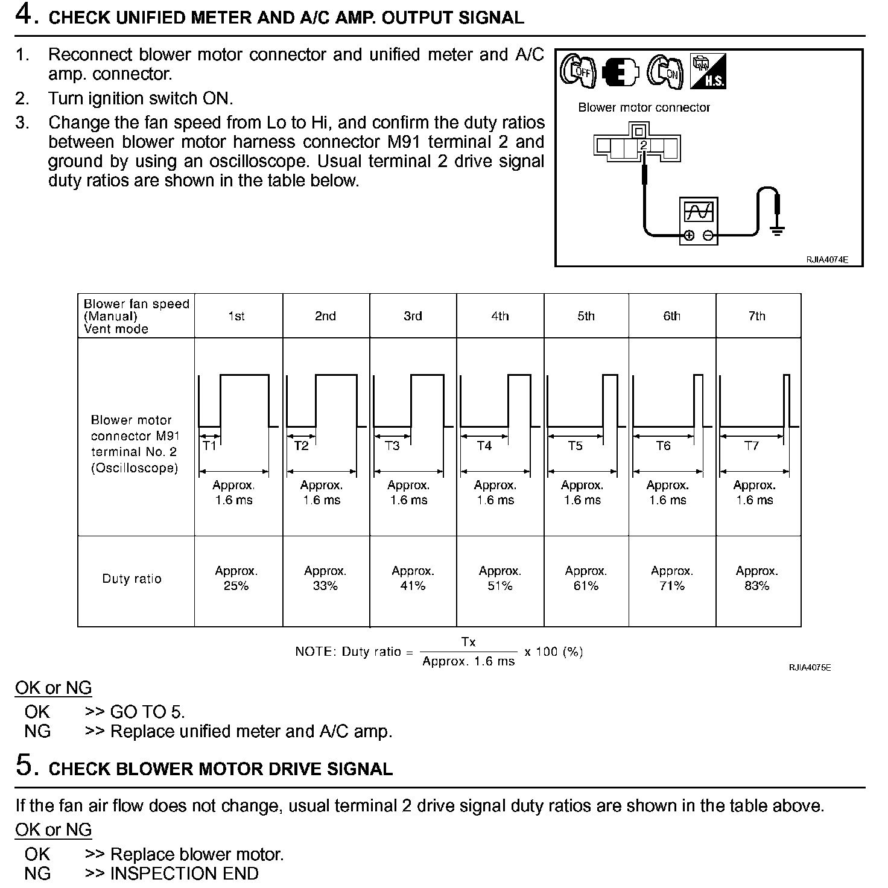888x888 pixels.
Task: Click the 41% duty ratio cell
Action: coord(413,579)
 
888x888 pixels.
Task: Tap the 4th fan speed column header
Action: coord(499,316)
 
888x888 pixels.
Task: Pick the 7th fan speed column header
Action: coord(756,316)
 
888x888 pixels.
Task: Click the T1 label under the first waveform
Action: coord(209,446)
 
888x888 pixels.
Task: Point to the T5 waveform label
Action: coord(575,446)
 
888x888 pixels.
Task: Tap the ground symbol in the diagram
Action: coord(777,229)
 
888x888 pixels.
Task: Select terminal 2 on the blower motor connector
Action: coord(644,145)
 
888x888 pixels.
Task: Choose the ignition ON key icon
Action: coord(665,72)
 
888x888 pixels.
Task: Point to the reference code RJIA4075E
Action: coord(810,667)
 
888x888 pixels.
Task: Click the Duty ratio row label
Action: coord(132,579)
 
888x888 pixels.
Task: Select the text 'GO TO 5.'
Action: coord(147,712)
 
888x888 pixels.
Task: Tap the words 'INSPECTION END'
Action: coord(184,874)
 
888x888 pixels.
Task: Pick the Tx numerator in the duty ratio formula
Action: coord(468,642)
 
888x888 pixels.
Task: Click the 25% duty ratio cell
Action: coord(236,579)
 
